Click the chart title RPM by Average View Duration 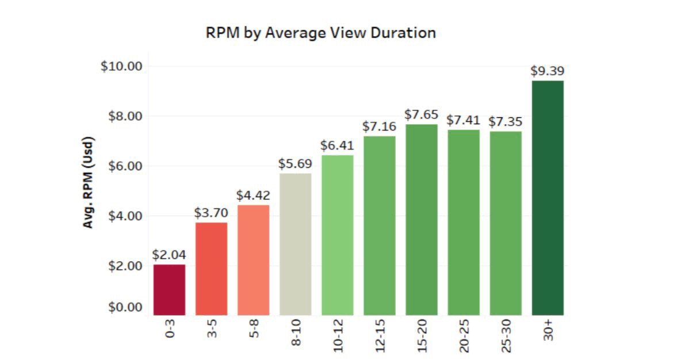coord(320,33)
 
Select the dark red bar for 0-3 coord(169,290)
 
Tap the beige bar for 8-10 coord(295,244)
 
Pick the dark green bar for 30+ coord(548,198)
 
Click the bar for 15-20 coord(421,220)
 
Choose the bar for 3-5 coord(211,269)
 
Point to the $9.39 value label coord(547,71)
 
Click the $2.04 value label coord(169,255)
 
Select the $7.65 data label coord(421,114)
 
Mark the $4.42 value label coord(253,196)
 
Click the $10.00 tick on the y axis coord(121,66)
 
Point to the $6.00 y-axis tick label coord(125,166)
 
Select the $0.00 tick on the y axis coord(125,307)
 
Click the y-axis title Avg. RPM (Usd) coord(88,183)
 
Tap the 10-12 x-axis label coord(338,336)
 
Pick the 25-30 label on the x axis coord(506,336)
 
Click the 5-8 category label coord(254,330)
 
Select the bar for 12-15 coord(379,225)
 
